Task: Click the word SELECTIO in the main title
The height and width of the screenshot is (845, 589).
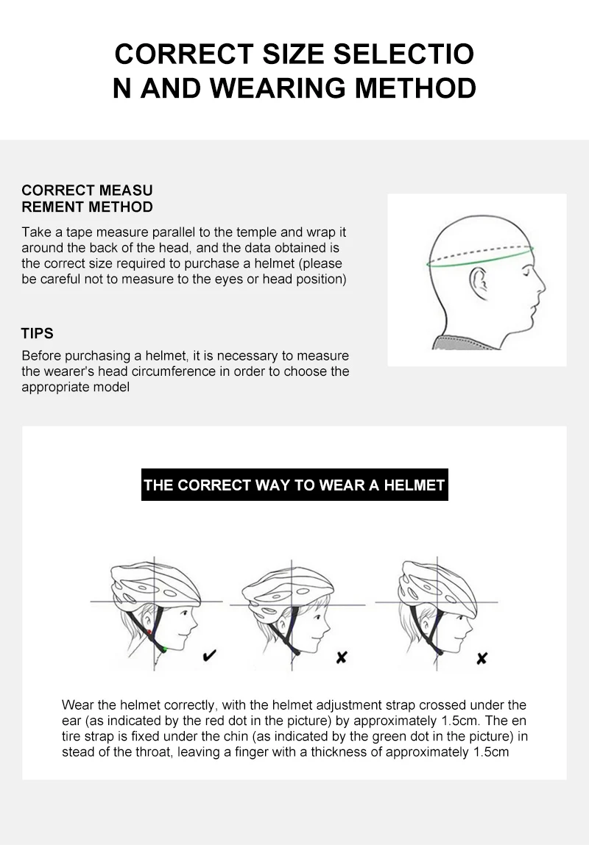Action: click(x=403, y=54)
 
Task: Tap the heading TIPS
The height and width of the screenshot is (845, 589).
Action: click(x=38, y=334)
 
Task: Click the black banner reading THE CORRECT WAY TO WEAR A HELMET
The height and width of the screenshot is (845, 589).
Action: click(x=294, y=485)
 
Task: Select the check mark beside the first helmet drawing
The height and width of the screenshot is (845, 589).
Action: click(x=210, y=655)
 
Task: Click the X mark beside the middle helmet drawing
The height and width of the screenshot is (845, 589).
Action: click(x=342, y=657)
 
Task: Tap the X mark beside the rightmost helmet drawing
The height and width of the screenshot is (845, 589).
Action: click(x=482, y=658)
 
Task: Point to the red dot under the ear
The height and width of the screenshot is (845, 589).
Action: click(x=149, y=632)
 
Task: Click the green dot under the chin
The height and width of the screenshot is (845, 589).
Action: click(x=164, y=650)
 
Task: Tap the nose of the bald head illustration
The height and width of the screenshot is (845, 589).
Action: click(x=542, y=285)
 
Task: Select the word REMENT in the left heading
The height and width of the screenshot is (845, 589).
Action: click(x=52, y=207)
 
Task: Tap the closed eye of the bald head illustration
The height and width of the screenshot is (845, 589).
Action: click(x=526, y=273)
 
